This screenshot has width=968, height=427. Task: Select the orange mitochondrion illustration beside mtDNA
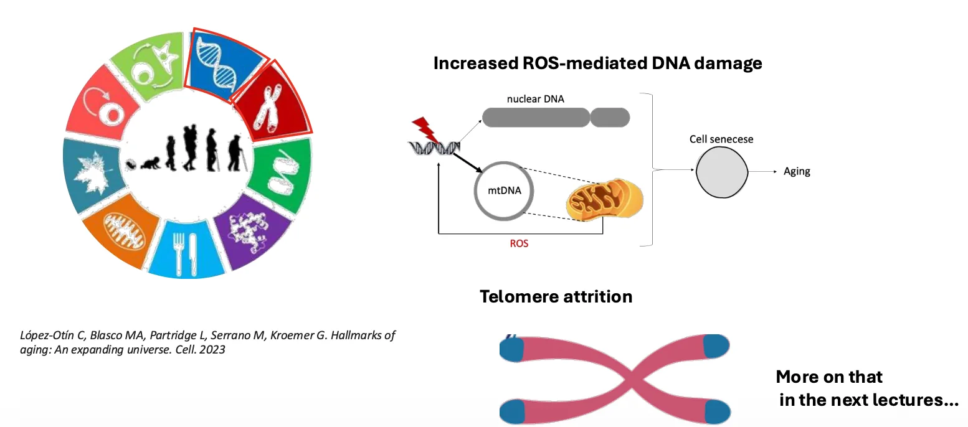click(605, 199)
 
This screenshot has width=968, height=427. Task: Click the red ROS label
click(519, 243)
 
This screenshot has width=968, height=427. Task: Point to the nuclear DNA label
click(536, 99)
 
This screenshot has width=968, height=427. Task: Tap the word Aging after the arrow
click(797, 171)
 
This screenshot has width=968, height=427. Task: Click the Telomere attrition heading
click(556, 297)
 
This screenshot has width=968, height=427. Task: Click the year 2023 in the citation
click(212, 349)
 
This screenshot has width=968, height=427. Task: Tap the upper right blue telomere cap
click(716, 346)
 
